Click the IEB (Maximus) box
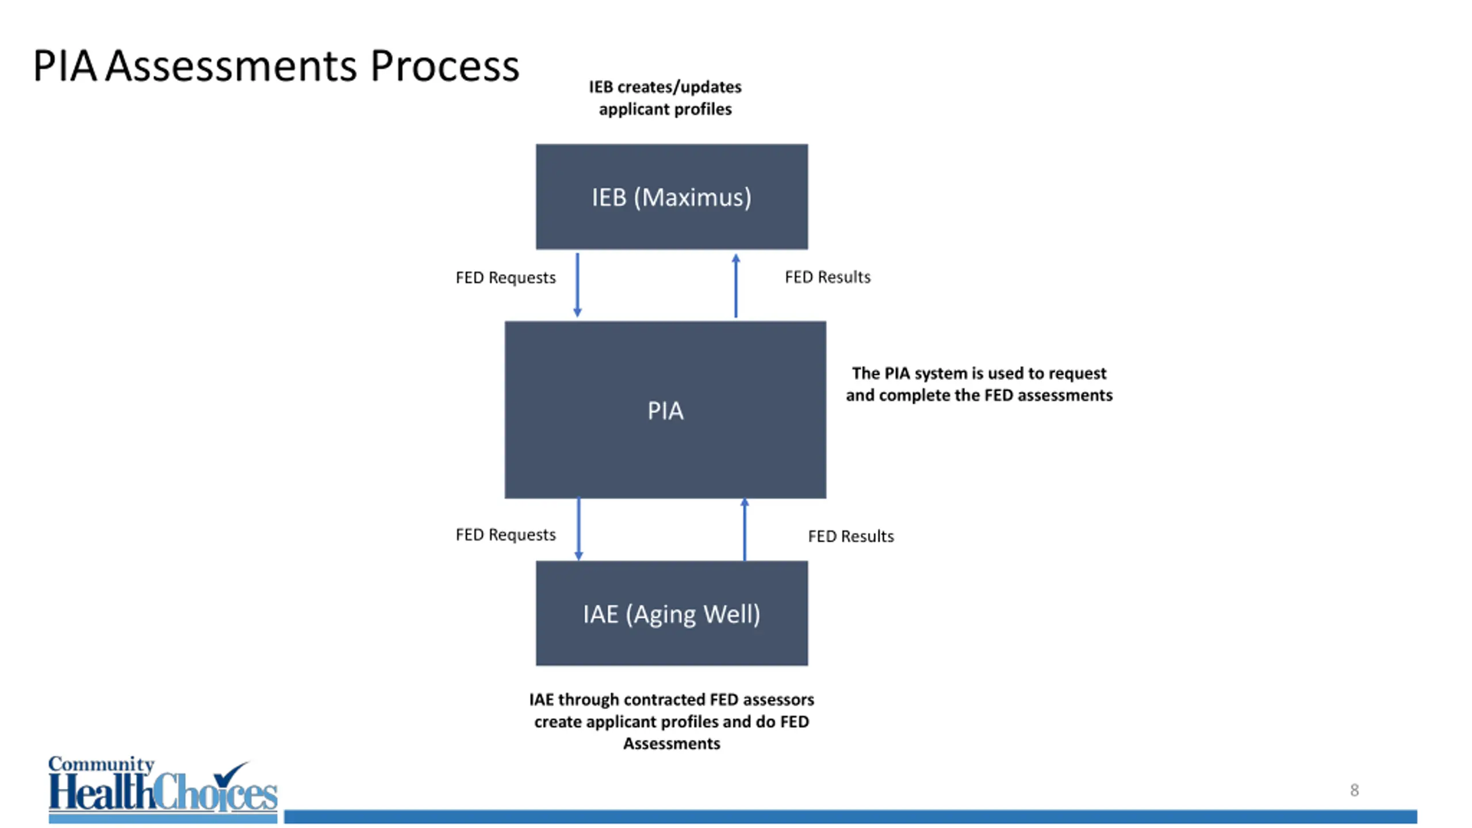click(x=672, y=197)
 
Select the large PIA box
click(x=665, y=409)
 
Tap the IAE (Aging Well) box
click(x=672, y=614)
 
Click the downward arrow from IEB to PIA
click(x=577, y=285)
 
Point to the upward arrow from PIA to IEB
click(x=735, y=286)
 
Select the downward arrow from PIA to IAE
click(x=578, y=529)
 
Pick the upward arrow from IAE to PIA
click(x=745, y=529)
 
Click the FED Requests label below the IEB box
click(x=505, y=278)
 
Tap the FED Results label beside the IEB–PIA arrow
click(x=827, y=277)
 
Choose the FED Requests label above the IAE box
click(x=505, y=535)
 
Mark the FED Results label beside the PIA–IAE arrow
click(x=851, y=536)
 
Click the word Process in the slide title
click(x=444, y=66)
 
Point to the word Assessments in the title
click(x=231, y=66)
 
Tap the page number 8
click(x=1355, y=790)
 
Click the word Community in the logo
click(x=101, y=765)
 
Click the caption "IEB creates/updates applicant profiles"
click(x=665, y=98)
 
